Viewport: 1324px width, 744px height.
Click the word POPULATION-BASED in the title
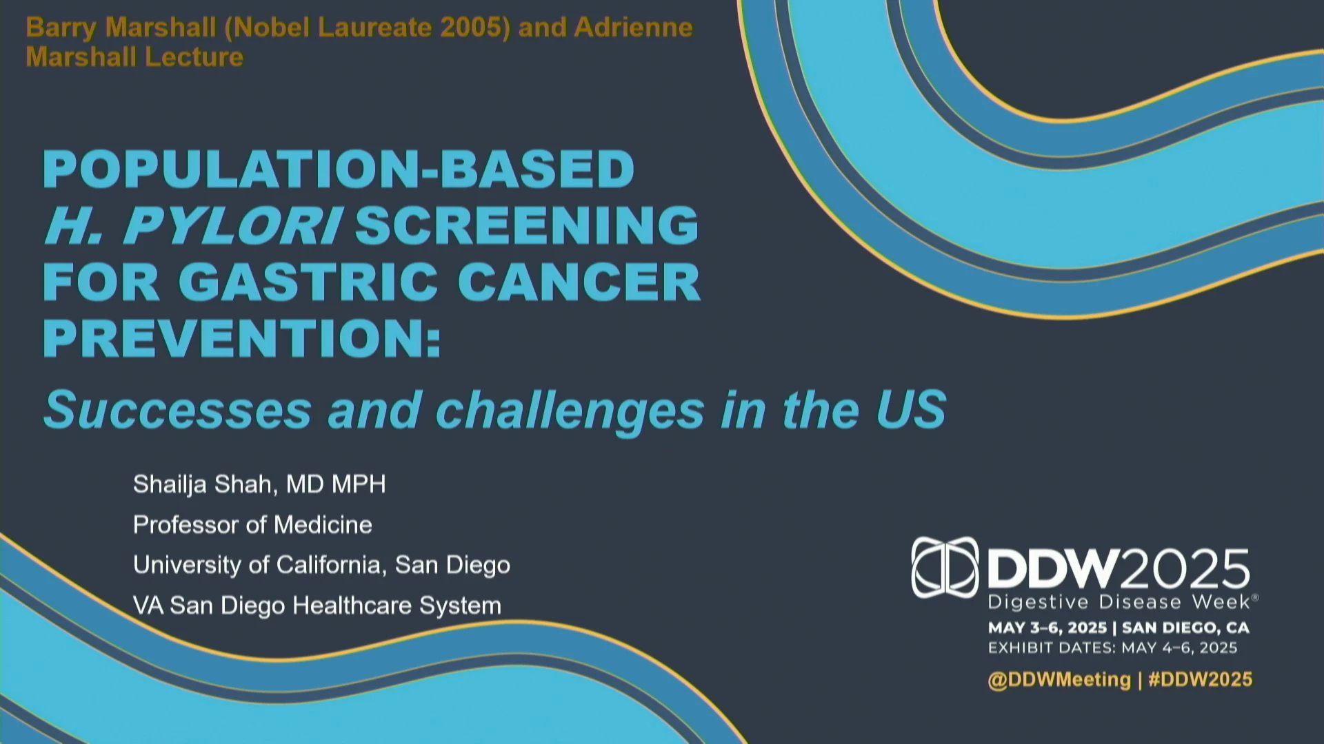click(x=339, y=169)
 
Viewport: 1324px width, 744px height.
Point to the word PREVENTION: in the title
click(x=242, y=338)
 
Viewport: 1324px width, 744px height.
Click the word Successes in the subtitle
click(x=177, y=409)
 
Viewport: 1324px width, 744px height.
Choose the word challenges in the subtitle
click(x=570, y=411)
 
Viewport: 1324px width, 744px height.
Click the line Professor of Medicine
click(x=252, y=525)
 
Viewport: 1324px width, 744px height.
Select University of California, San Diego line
click(x=321, y=565)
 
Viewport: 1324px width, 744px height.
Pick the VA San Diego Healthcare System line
click(x=317, y=606)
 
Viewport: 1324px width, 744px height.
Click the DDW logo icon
click(x=945, y=567)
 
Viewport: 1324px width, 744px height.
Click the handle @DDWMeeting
click(x=1059, y=680)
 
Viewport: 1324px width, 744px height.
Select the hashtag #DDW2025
click(x=1200, y=680)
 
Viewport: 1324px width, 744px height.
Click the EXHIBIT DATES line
click(x=1113, y=648)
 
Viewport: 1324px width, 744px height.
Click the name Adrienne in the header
click(x=633, y=28)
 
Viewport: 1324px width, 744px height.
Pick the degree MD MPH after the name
click(x=336, y=484)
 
